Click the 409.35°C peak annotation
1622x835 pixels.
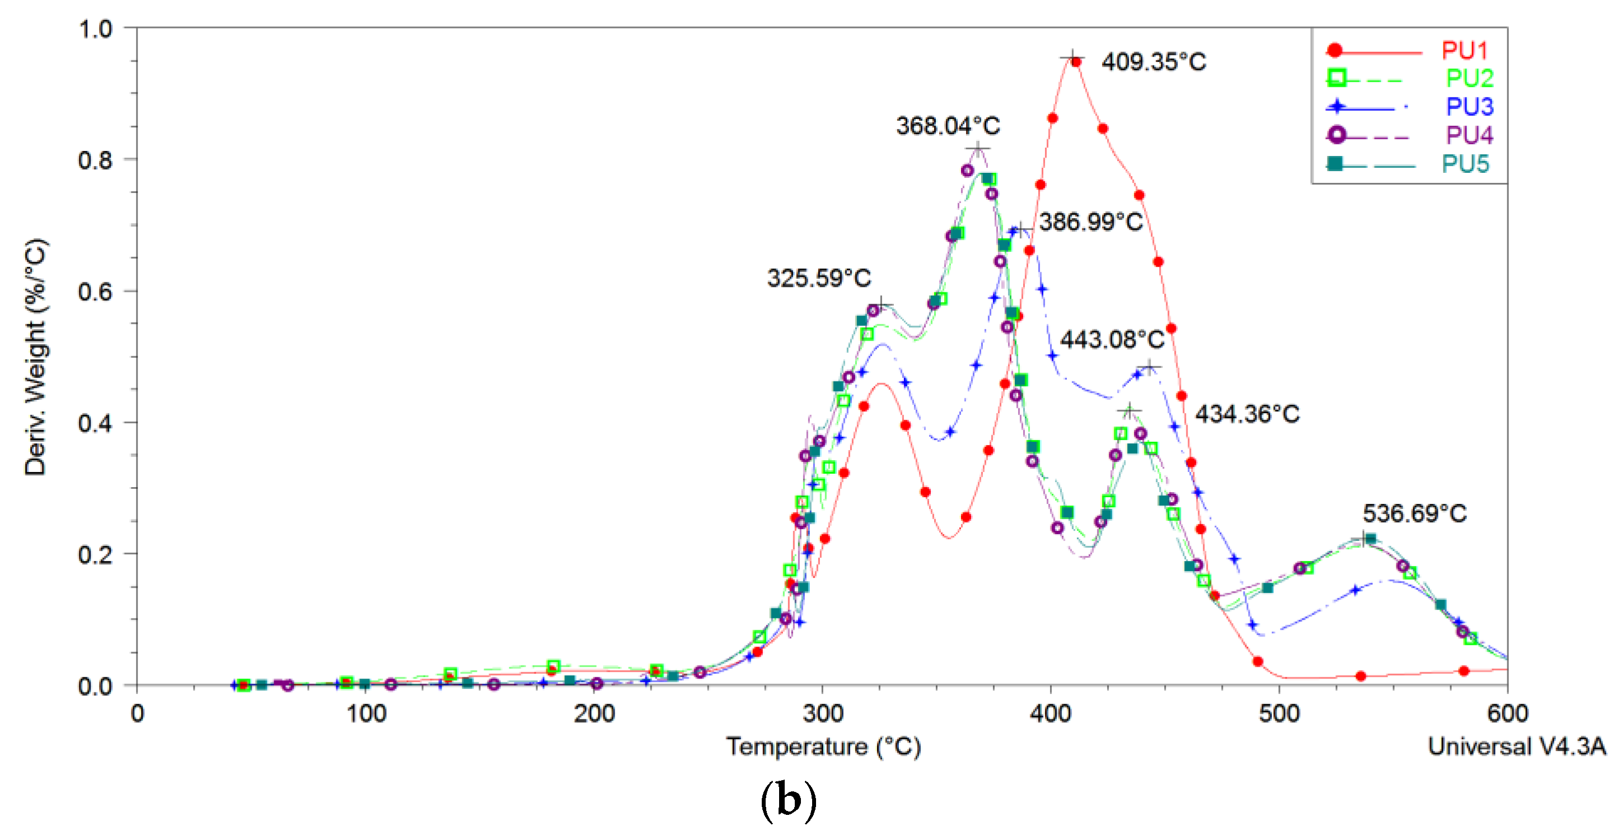click(x=1154, y=62)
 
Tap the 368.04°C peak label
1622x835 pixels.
click(x=948, y=126)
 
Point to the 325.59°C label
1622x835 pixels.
click(x=818, y=277)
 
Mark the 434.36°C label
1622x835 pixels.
click(x=1247, y=413)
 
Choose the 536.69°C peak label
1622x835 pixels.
click(x=1414, y=513)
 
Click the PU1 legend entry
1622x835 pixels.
click(x=1465, y=50)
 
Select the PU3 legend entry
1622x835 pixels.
click(x=1469, y=106)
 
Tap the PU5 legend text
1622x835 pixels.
click(x=1465, y=164)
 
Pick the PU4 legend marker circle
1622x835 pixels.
click(x=1336, y=135)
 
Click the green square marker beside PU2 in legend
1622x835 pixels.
click(x=1336, y=78)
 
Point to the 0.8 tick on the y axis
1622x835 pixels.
click(x=95, y=160)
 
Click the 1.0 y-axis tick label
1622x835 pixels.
click(x=95, y=29)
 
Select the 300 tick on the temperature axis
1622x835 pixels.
click(x=822, y=714)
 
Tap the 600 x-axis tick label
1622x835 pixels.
click(x=1507, y=714)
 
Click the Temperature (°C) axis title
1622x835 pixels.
click(x=823, y=746)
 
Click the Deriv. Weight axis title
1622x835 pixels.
click(x=35, y=356)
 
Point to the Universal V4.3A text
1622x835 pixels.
click(x=1516, y=746)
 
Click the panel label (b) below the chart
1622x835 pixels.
click(x=788, y=801)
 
